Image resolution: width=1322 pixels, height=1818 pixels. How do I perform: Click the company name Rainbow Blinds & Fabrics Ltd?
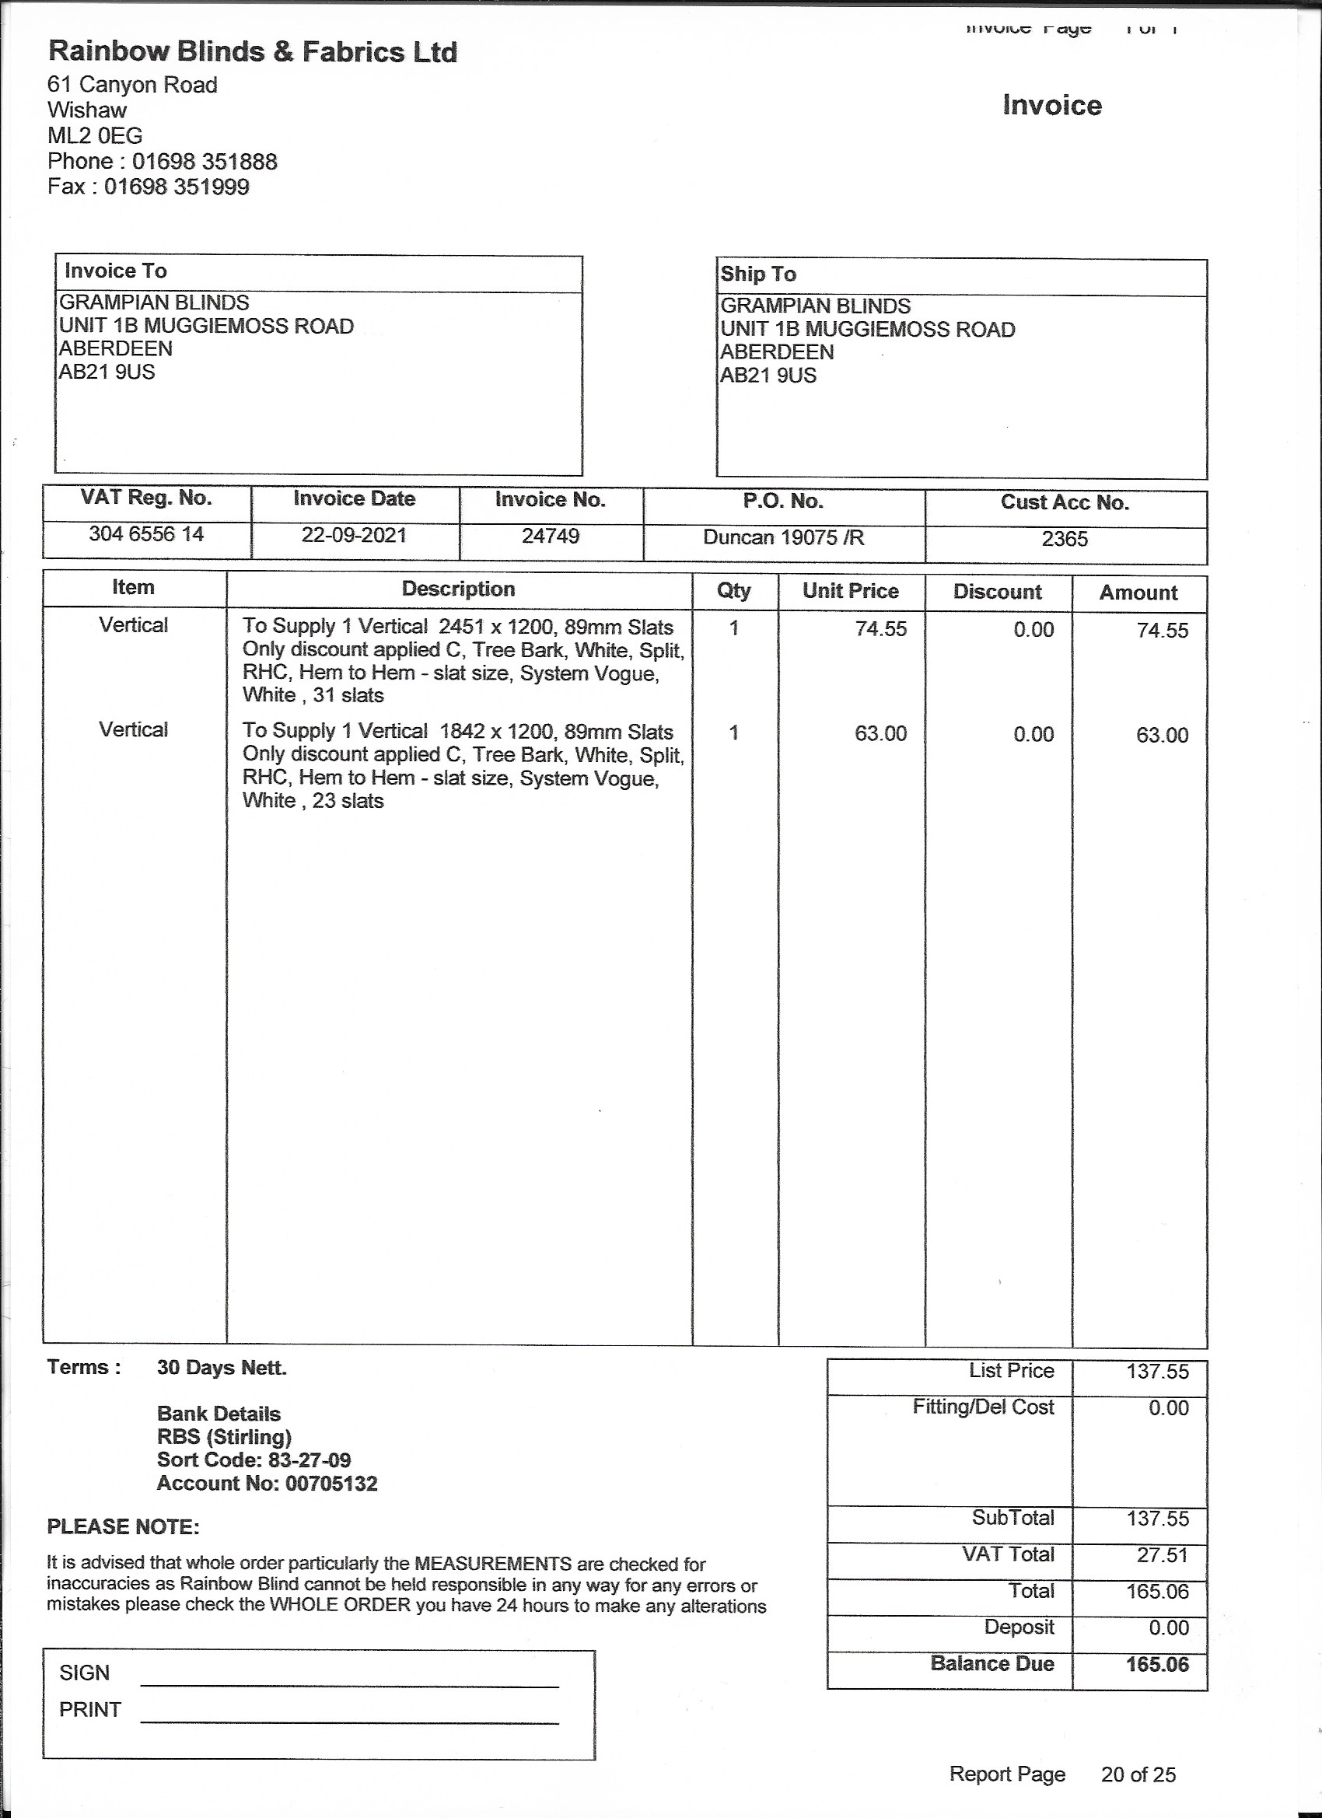[x=253, y=52]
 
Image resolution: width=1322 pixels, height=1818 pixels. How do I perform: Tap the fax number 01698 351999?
[x=177, y=187]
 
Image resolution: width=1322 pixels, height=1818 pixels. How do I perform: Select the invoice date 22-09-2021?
[x=354, y=535]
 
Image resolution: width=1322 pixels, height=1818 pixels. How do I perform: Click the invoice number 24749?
[x=550, y=536]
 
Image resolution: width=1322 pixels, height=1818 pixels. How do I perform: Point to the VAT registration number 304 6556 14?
[x=146, y=534]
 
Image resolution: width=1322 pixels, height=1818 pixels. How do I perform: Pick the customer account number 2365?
[x=1064, y=539]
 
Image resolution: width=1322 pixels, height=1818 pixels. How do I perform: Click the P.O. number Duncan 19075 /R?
[x=783, y=537]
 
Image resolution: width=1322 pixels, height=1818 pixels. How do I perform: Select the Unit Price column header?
[x=850, y=591]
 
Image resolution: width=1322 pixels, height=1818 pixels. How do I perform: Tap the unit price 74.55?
[x=880, y=629]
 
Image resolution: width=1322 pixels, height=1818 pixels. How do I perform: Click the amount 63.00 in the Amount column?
[x=1162, y=735]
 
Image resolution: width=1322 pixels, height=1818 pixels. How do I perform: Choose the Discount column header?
[x=996, y=592]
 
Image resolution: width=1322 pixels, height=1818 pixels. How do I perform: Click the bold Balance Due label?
[x=991, y=1663]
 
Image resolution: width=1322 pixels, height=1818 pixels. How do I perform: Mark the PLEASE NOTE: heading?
[x=124, y=1526]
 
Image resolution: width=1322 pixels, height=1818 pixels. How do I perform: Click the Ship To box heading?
[x=757, y=274]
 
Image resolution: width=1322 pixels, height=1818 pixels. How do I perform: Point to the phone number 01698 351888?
[x=205, y=161]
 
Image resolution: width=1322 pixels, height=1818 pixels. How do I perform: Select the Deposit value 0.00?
[x=1168, y=1627]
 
